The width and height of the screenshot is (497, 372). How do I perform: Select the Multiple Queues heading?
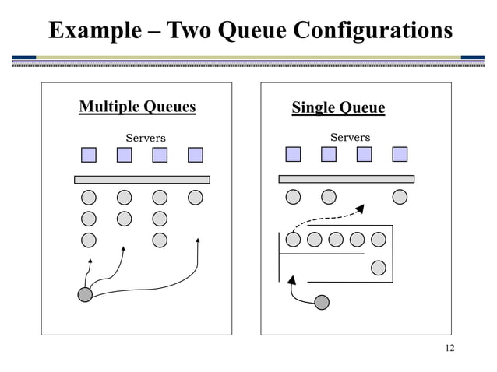[137, 107]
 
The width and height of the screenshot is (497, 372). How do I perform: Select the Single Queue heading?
[338, 107]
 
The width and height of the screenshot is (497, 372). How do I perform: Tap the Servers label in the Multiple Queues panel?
[146, 139]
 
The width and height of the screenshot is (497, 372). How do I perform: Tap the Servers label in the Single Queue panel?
[350, 138]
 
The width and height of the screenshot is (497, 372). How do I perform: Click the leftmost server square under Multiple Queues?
[89, 155]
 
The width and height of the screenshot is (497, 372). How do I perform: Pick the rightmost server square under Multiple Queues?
[195, 155]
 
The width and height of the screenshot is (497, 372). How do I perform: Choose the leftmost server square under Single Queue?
[293, 154]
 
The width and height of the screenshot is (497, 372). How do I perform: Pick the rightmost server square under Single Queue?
[400, 154]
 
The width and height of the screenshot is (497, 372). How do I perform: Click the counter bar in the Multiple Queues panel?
[142, 180]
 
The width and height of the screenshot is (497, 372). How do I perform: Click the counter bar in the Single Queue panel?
[346, 179]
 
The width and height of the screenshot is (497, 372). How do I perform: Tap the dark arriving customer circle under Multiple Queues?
[85, 294]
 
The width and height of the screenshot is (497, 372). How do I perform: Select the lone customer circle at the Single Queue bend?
[379, 267]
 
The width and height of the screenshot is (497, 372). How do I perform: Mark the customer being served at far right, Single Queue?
[400, 197]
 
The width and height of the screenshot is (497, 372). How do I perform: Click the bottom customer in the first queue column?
[89, 240]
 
